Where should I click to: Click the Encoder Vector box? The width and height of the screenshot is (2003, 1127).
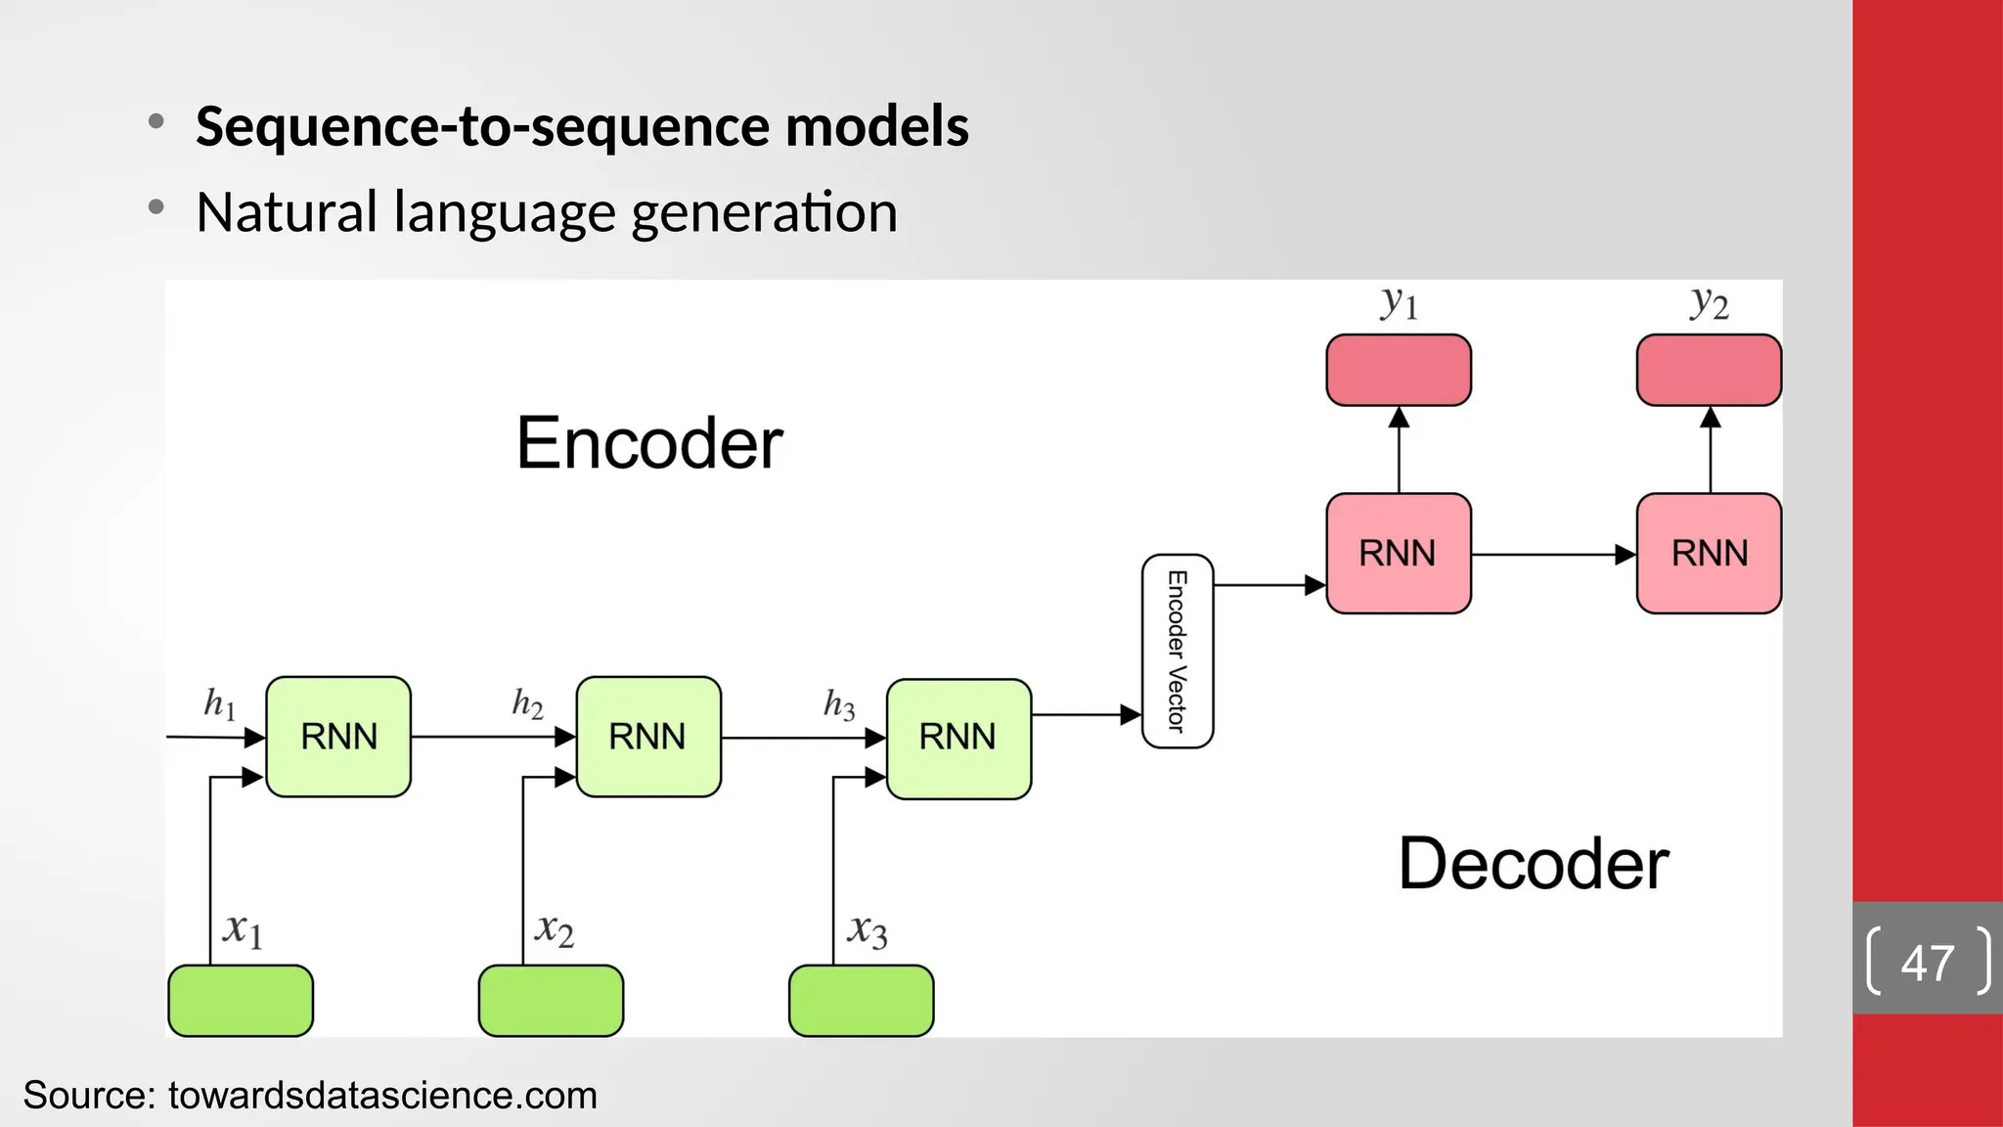(x=1178, y=652)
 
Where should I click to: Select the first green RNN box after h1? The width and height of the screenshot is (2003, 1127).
(x=338, y=737)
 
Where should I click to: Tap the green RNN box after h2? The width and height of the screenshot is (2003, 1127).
(x=648, y=737)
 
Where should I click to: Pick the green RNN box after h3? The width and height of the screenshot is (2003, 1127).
(x=958, y=739)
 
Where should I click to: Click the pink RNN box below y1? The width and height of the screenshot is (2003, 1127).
(x=1399, y=554)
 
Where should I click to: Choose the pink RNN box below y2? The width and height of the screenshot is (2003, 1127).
(x=1709, y=554)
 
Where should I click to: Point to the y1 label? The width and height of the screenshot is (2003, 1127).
(x=1400, y=303)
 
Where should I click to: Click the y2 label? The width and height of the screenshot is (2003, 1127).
(x=1710, y=303)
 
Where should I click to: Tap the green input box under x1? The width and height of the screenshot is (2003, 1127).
(x=241, y=1001)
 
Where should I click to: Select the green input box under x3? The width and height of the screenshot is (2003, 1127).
(x=861, y=1001)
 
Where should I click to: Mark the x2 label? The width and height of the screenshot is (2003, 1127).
(x=555, y=928)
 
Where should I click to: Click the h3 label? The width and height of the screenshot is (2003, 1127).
(x=839, y=704)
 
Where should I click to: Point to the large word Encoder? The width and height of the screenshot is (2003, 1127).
(x=649, y=443)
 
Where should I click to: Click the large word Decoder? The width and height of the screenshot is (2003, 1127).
(x=1534, y=864)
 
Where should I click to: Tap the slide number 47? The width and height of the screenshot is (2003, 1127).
(x=1927, y=963)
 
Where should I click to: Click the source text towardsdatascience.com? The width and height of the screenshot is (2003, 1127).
(x=382, y=1096)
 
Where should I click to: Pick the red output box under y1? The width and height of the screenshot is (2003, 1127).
(x=1399, y=370)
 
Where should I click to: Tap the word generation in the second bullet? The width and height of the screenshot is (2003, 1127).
(x=764, y=213)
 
